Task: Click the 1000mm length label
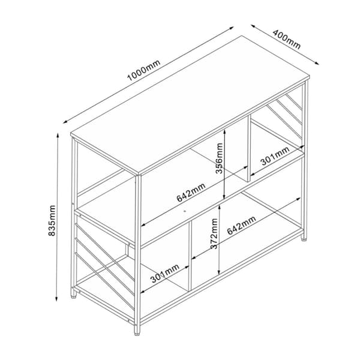pyautogui.click(x=144, y=70)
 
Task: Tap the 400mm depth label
pyautogui.click(x=287, y=39)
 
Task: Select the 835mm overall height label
pyautogui.click(x=52, y=220)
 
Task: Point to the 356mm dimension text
pyautogui.click(x=219, y=158)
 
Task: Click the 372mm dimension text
pyautogui.click(x=214, y=233)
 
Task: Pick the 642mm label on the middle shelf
pyautogui.click(x=191, y=193)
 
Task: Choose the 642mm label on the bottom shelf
pyautogui.click(x=242, y=225)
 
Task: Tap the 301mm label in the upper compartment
pyautogui.click(x=275, y=156)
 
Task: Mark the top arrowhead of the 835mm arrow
pyautogui.click(x=58, y=135)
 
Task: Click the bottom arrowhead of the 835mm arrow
pyautogui.click(x=57, y=298)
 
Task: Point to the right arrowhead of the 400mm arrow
pyautogui.click(x=317, y=63)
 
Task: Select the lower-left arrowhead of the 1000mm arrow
pyautogui.click(x=65, y=122)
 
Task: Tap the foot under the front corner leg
pyautogui.click(x=137, y=332)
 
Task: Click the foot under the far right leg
pyautogui.click(x=304, y=239)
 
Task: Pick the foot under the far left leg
pyautogui.click(x=74, y=296)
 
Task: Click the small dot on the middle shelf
pyautogui.click(x=185, y=211)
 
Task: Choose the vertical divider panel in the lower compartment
pyautogui.click(x=190, y=256)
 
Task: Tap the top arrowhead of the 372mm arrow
pyautogui.click(x=220, y=206)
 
